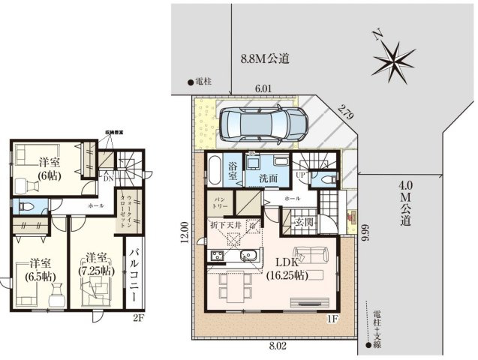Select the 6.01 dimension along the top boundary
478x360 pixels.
(263, 88)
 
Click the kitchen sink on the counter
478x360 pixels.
(248, 257)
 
